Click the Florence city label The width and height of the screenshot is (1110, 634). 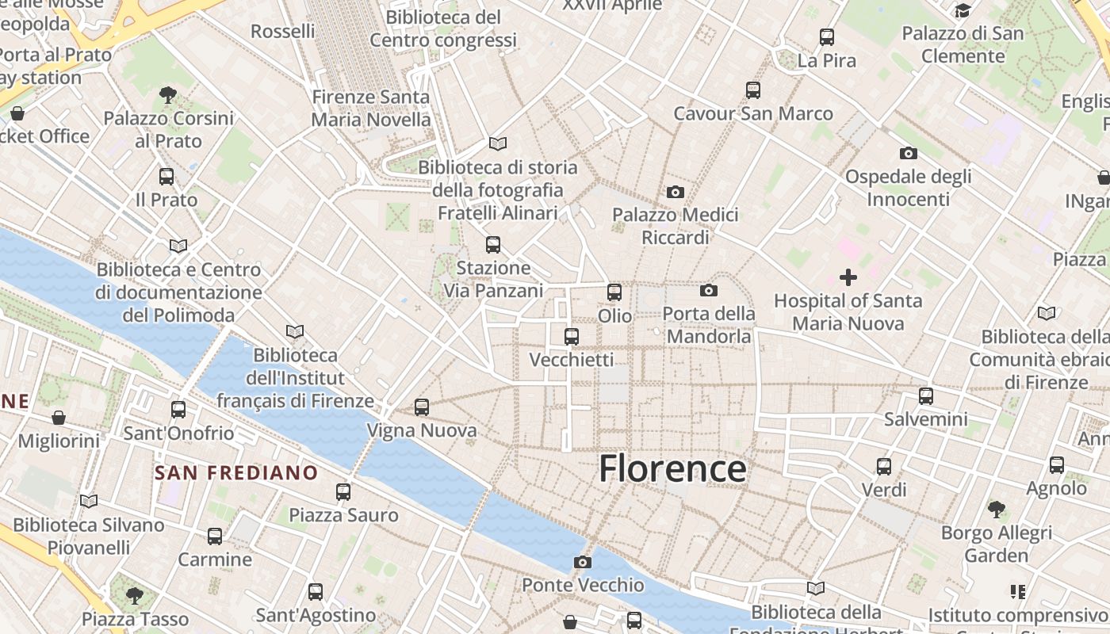[672, 469]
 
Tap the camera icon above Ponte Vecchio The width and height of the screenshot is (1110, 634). [583, 562]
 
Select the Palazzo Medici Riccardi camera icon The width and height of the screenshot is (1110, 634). [676, 192]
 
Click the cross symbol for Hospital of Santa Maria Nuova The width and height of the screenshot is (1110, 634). [848, 277]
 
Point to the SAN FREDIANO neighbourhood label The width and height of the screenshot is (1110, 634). [236, 473]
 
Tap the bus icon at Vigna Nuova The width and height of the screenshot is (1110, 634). [422, 407]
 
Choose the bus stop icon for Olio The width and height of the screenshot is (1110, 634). [614, 292]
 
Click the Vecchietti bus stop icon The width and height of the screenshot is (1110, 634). [572, 337]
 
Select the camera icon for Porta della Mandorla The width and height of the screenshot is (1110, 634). [709, 290]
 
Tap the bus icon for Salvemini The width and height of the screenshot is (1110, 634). [926, 396]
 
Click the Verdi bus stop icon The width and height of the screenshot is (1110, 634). [884, 467]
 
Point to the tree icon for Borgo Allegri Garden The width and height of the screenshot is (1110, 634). [997, 509]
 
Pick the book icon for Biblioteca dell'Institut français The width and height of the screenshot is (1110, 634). [295, 331]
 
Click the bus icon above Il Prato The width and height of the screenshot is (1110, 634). [166, 177]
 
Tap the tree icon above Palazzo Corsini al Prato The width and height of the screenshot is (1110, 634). [167, 95]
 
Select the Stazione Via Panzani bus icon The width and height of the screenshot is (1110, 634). [493, 245]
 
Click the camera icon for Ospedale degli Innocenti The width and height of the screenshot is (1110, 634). [909, 153]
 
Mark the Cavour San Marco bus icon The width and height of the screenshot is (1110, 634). [753, 90]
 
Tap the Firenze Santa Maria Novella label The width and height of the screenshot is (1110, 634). [371, 109]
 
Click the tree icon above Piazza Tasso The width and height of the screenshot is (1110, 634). [135, 594]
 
